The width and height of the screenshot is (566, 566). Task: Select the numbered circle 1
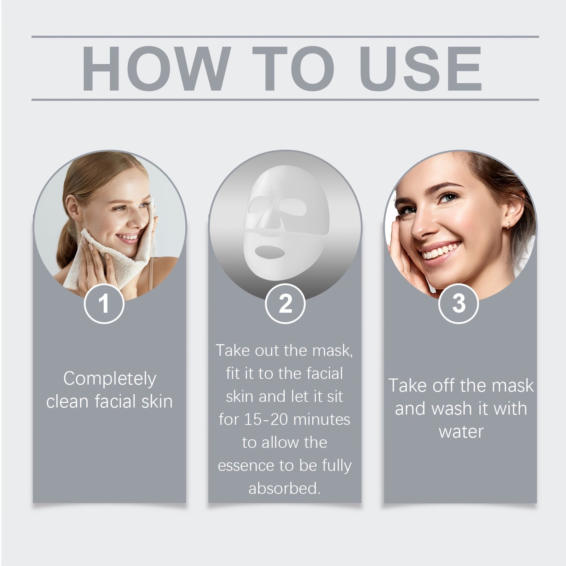[104, 304]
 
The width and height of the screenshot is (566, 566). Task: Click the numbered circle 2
[285, 304]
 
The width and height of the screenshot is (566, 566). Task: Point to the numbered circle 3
[458, 304]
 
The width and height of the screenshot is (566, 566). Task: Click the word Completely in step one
[110, 379]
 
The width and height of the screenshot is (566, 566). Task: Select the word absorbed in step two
[284, 488]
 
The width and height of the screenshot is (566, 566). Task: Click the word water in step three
[461, 432]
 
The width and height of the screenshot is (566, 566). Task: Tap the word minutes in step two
[322, 420]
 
